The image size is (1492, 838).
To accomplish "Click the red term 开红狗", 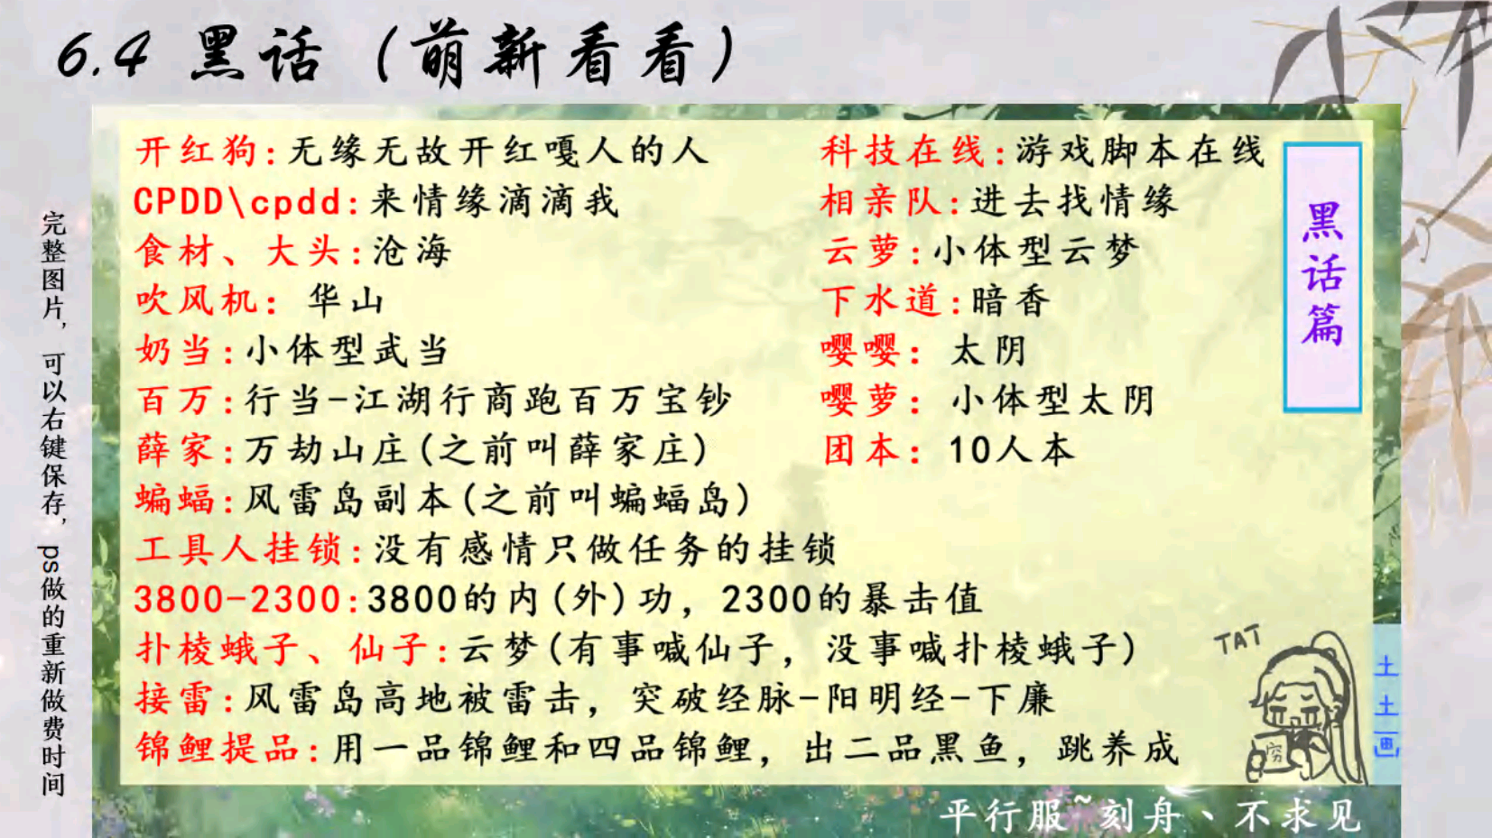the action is pos(197,152).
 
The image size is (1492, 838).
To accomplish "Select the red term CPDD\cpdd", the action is pos(237,201).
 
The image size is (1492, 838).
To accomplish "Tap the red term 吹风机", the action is pos(197,301).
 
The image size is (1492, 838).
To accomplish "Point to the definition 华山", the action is pos(346,301).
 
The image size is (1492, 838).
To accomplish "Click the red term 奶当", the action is pos(174,351).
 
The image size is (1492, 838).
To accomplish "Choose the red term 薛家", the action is pos(174,450).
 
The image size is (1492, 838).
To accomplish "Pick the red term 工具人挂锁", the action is pos(238,549).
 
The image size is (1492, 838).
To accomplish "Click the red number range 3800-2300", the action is pos(237,599).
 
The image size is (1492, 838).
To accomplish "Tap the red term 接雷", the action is pos(174,699).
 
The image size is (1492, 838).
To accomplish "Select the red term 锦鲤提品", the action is pos(218,749).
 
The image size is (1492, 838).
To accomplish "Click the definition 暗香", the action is pos(1011,301).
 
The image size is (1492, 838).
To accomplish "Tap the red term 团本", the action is pos(863,450).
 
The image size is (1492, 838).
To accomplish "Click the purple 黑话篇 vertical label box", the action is pos(1322,277).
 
